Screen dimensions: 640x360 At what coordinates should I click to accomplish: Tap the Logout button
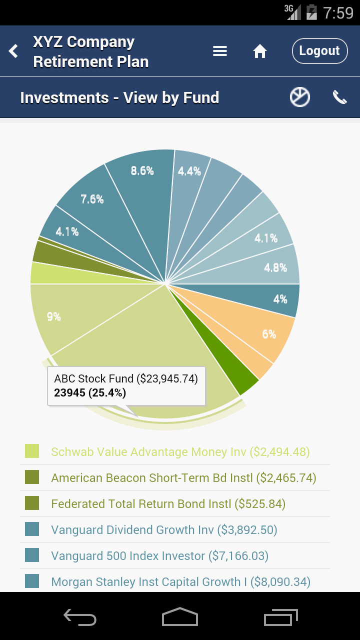coord(319,51)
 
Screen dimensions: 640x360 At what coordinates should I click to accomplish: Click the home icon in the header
coord(260,51)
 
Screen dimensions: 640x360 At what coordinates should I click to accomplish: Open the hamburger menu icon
coord(220,51)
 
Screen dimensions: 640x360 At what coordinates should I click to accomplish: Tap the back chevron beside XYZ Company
coord(13,51)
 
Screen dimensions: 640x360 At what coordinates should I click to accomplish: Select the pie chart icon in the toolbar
coord(300,97)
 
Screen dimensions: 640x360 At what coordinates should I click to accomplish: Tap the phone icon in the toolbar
coord(340,97)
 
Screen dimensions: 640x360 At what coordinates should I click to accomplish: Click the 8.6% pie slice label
coord(142,171)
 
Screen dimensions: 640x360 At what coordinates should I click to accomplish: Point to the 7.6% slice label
coord(92,199)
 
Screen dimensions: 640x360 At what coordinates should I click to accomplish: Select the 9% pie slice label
coord(54,316)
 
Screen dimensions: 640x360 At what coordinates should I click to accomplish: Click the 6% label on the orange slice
coord(269,334)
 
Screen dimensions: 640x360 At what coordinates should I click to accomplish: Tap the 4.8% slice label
coord(275,268)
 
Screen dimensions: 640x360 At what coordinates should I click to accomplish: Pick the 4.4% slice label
coord(189,171)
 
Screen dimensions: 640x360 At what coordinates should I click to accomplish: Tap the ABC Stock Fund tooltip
coord(126,385)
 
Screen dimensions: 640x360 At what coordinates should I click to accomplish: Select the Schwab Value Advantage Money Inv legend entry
coord(180,452)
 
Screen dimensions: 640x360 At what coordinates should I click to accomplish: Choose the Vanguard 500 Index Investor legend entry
coord(159,556)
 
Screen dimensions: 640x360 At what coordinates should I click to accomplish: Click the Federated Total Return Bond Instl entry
coord(168,504)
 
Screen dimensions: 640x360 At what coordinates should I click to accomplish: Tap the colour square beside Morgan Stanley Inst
coord(32,581)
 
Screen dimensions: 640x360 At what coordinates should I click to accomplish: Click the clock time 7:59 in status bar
coord(338,12)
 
